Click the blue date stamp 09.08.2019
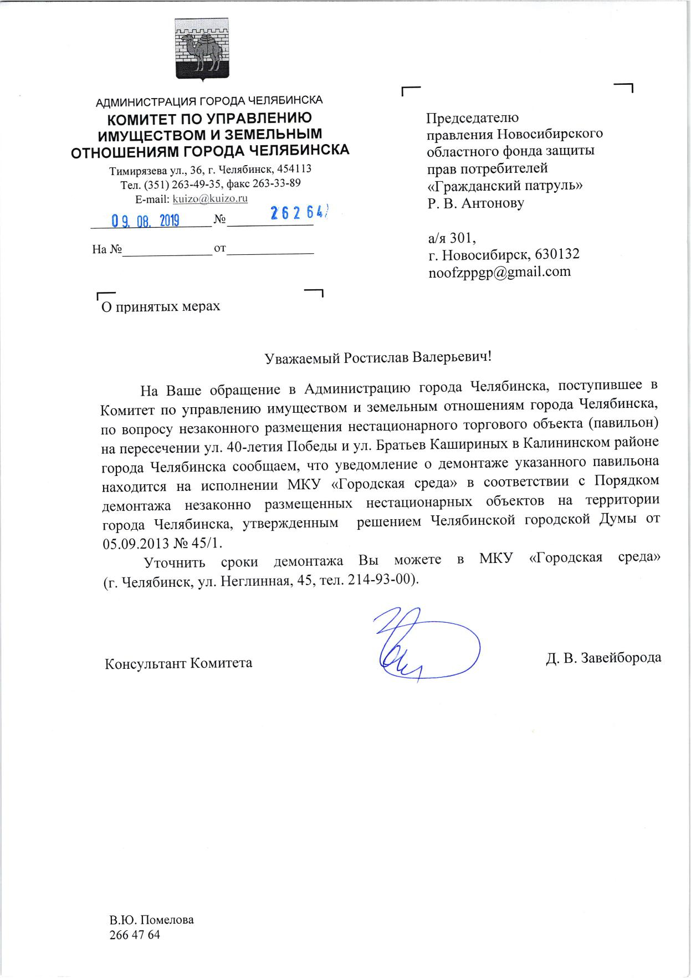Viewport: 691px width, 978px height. [146, 221]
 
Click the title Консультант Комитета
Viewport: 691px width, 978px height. [178, 663]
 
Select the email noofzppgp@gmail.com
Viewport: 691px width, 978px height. [499, 272]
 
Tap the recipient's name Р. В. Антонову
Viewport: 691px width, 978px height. [475, 203]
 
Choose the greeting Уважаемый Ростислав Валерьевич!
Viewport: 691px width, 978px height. [378, 357]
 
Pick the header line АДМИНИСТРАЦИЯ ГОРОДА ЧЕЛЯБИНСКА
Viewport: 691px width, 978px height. [209, 101]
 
